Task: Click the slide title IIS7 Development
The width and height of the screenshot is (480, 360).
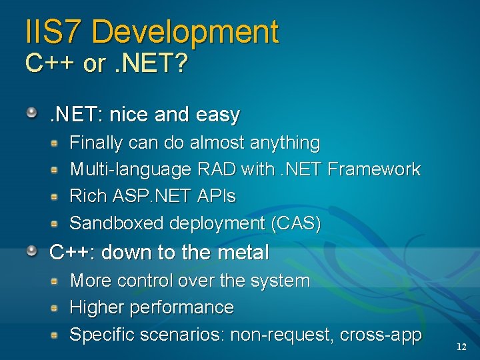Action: point(152,32)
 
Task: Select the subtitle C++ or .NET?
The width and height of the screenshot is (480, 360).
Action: point(107,64)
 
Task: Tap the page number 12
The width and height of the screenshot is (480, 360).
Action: point(461,347)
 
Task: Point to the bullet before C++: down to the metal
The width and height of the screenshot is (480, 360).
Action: point(32,250)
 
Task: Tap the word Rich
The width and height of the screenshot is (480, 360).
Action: point(84,196)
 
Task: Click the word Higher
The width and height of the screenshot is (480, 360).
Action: point(97,307)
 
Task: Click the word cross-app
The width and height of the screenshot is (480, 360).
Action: point(381,335)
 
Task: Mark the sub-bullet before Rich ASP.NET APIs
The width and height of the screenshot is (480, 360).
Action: point(58,196)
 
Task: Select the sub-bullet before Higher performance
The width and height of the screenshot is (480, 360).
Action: point(58,307)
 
